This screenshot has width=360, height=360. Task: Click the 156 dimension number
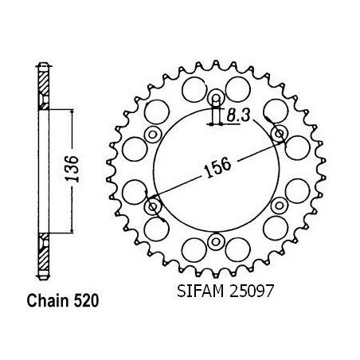(217, 168)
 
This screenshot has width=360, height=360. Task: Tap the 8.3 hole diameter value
(238, 115)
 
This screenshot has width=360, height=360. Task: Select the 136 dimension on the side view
(72, 169)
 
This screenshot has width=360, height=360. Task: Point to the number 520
(86, 301)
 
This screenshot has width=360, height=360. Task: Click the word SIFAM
(201, 291)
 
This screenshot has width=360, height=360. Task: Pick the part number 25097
(251, 291)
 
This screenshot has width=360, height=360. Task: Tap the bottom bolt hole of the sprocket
(216, 241)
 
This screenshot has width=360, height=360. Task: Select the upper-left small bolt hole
(153, 135)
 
